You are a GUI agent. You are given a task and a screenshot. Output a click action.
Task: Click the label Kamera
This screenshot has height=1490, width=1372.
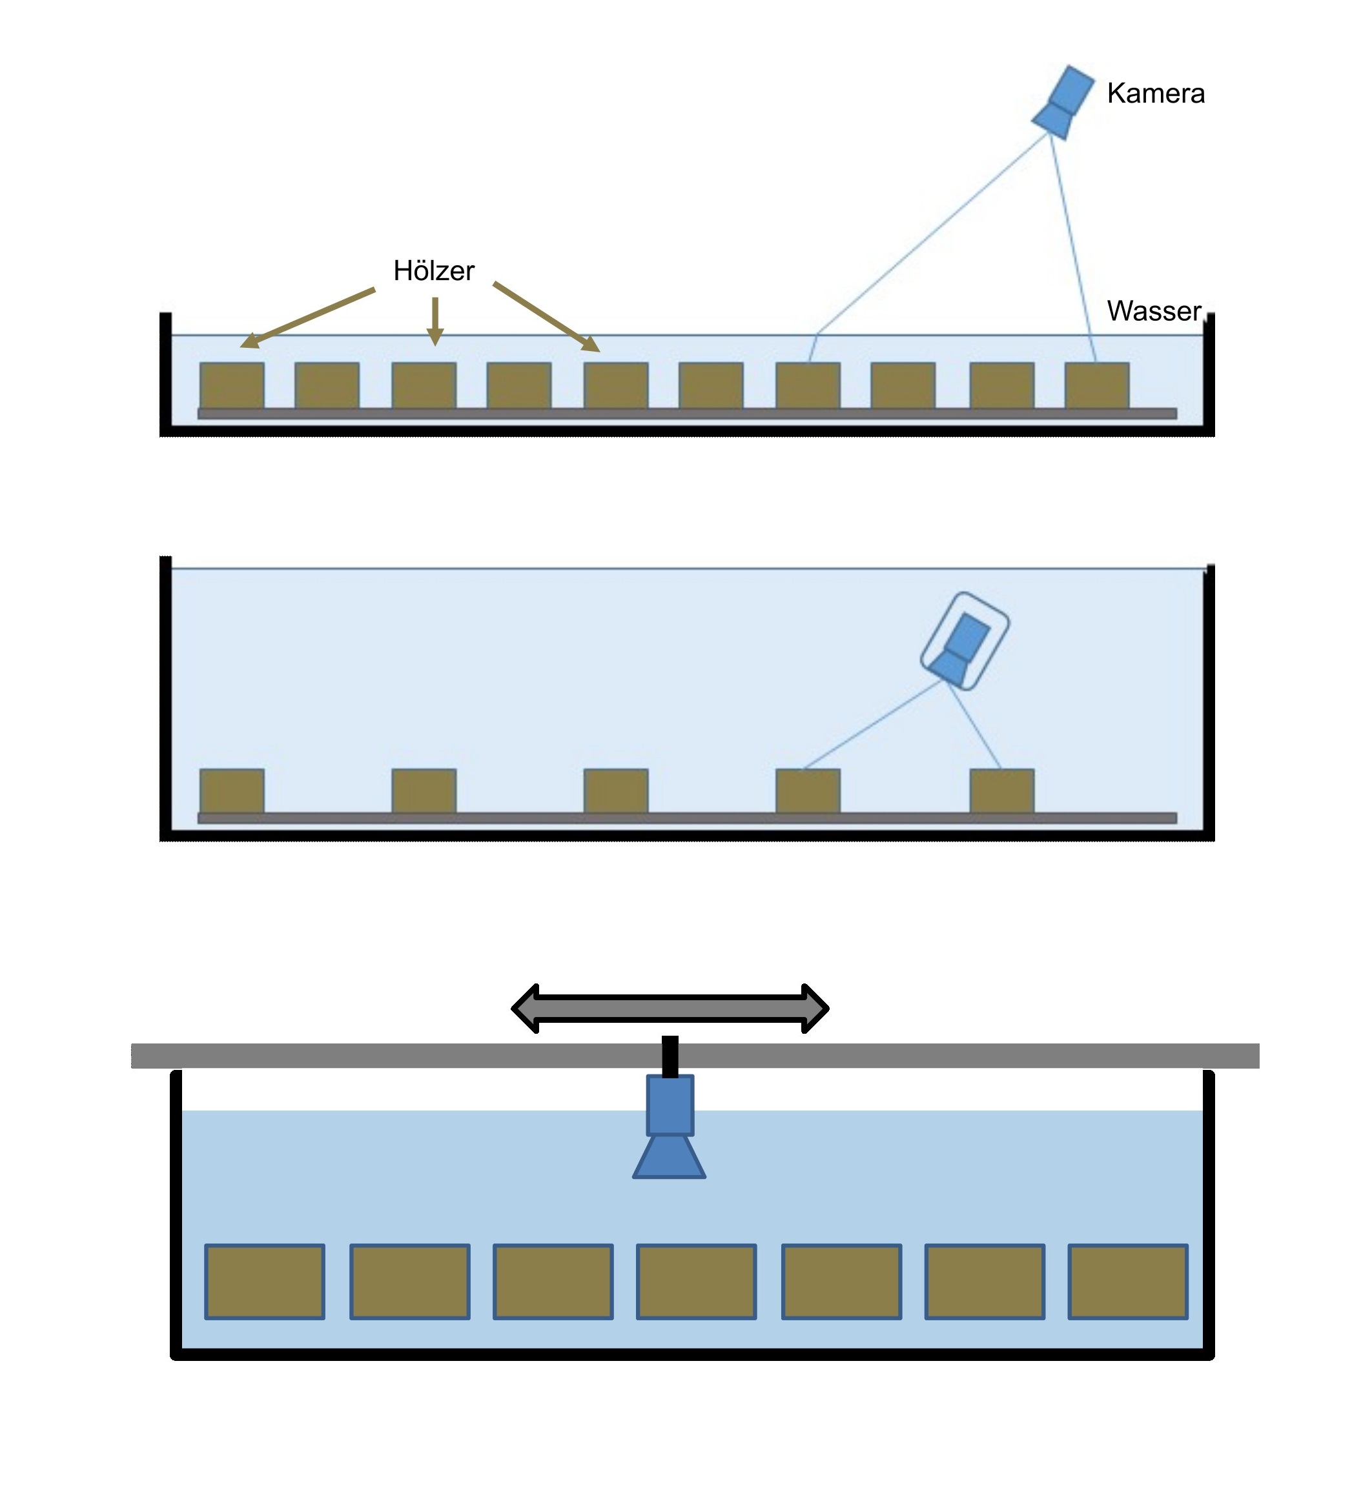pyautogui.click(x=1155, y=94)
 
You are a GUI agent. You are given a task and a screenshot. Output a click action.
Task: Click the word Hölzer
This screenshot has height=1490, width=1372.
pyautogui.click(x=434, y=271)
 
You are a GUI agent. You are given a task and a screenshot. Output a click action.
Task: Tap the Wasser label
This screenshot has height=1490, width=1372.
pyautogui.click(x=1153, y=311)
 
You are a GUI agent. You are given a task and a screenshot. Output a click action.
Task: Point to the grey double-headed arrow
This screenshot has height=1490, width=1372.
pyautogui.click(x=670, y=1009)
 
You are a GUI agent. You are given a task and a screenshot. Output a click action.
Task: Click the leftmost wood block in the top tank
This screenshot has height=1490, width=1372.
pyautogui.click(x=232, y=385)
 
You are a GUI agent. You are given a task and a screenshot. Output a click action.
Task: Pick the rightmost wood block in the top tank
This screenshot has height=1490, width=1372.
pyautogui.click(x=1096, y=385)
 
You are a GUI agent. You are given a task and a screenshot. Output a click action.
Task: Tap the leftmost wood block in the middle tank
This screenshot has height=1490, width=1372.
pyautogui.click(x=232, y=791)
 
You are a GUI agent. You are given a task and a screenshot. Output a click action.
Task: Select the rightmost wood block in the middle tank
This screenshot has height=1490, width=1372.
pyautogui.click(x=1001, y=791)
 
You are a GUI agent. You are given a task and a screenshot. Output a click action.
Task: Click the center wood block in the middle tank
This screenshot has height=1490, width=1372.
pyautogui.click(x=615, y=791)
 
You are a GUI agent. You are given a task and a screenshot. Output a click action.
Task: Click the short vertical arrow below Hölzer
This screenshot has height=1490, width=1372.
pyautogui.click(x=435, y=321)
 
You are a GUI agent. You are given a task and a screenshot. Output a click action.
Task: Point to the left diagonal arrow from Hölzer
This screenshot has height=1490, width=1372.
pyautogui.click(x=308, y=317)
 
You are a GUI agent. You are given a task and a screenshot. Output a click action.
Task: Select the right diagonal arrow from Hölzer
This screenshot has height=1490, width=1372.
pyautogui.click(x=546, y=316)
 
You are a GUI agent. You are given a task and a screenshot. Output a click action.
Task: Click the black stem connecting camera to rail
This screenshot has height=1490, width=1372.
pyautogui.click(x=670, y=1056)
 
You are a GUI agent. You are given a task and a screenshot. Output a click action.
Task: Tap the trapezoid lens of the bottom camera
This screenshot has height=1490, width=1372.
pyautogui.click(x=669, y=1157)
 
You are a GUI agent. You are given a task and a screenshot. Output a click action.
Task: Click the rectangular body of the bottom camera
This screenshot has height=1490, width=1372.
pyautogui.click(x=670, y=1105)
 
